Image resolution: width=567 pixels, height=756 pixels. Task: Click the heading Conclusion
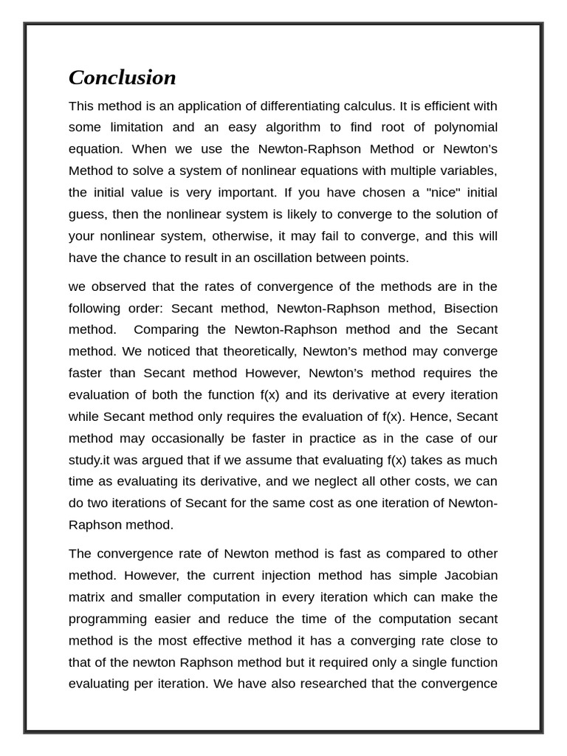[x=123, y=78]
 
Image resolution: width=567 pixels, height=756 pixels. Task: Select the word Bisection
[x=468, y=308]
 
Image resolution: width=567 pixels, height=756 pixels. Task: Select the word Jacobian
[x=470, y=575]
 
